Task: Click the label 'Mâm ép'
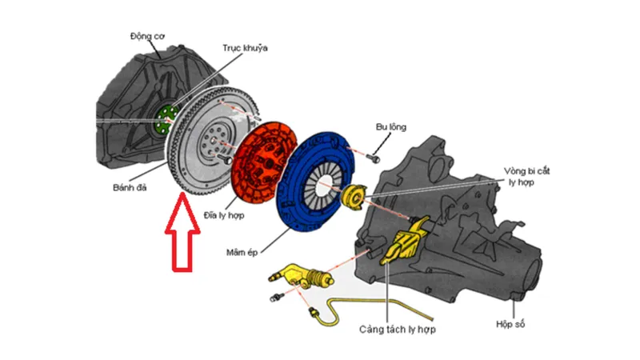pyautogui.click(x=244, y=254)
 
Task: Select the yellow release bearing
pyautogui.click(x=353, y=194)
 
